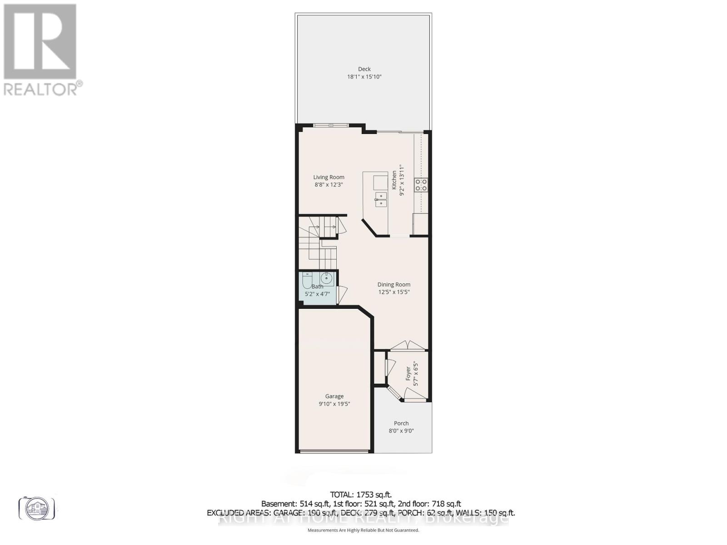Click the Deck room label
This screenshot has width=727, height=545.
pos(364,69)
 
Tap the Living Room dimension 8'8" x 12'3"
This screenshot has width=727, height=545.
pos(329,185)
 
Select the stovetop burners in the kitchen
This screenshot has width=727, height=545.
pos(421,185)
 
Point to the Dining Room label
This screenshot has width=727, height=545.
pos(393,284)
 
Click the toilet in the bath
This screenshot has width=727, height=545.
pos(308,281)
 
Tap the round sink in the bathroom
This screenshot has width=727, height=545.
pos(326,277)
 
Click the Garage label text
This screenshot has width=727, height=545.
pos(334,396)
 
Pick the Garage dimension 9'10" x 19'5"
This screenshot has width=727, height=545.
pos(334,404)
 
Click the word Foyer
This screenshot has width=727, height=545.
pos(408,373)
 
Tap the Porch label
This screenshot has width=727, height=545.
pos(401,423)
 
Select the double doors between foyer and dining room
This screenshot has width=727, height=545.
pos(408,346)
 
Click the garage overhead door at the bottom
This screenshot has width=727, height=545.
pos(334,451)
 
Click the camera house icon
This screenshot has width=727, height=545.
pos(37,509)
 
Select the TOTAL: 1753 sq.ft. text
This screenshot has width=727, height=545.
pos(361,495)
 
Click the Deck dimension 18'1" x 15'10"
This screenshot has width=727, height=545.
pos(364,77)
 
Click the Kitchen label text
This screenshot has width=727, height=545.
pos(394,180)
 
